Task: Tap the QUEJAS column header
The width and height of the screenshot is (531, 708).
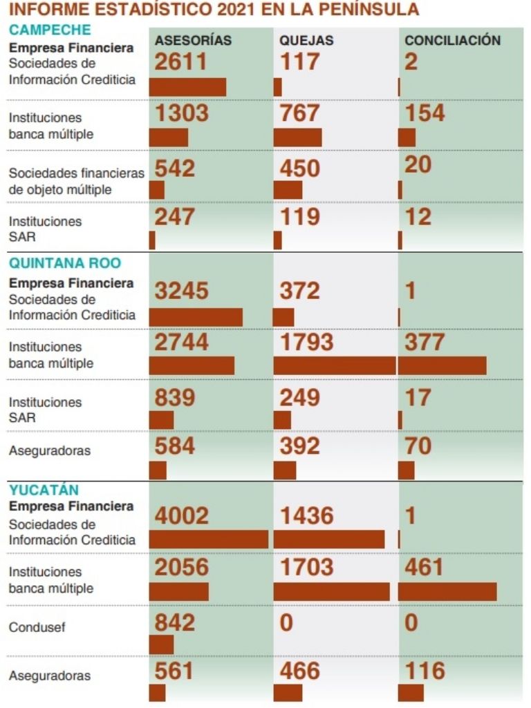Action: click(306, 41)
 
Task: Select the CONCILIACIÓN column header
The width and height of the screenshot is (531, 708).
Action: click(452, 41)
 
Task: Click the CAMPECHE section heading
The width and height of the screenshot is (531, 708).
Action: click(50, 30)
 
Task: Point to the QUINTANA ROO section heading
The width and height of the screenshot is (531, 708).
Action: click(65, 262)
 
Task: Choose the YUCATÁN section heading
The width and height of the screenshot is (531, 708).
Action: click(44, 490)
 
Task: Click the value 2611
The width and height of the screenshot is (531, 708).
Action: click(181, 61)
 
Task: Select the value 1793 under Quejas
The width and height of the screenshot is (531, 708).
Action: click(306, 342)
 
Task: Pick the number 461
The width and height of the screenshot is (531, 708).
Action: click(424, 567)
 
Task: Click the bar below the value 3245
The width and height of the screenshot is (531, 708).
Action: click(196, 317)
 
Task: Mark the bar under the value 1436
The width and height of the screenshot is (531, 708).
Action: click(329, 539)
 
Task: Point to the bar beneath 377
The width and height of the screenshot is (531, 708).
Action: click(442, 365)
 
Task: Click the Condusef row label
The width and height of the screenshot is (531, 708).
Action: click(32, 628)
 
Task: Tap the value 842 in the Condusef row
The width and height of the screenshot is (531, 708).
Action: click(175, 622)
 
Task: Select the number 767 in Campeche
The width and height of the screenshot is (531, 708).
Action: click(300, 113)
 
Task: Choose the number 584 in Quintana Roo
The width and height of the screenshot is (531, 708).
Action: click(175, 446)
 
